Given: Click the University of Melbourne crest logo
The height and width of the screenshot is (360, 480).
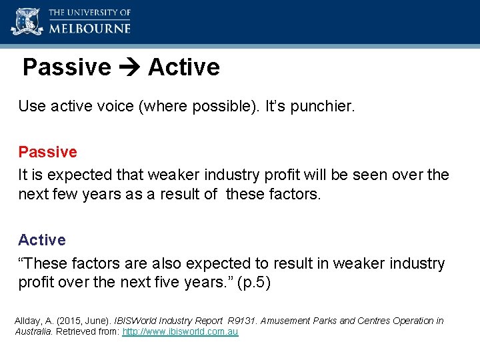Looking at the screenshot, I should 27,21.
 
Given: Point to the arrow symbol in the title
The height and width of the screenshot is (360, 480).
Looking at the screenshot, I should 129,67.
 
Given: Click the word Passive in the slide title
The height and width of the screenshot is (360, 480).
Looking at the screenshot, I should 67,67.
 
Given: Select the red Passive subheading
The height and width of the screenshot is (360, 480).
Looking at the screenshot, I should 47,152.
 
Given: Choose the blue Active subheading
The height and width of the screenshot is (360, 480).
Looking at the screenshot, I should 41,240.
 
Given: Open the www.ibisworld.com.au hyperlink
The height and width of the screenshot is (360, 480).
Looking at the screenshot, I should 180,331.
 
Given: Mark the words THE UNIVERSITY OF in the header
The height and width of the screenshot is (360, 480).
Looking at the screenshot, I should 89,13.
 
